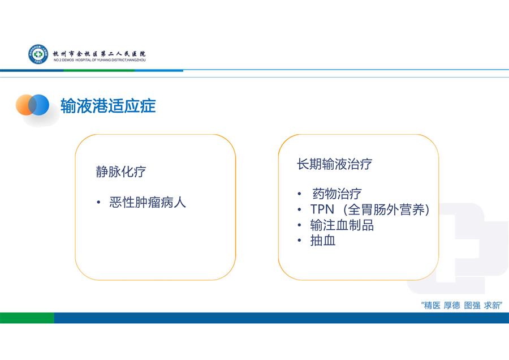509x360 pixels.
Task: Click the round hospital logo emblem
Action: pyautogui.click(x=38, y=54)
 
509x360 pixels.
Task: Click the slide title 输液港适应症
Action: pyautogui.click(x=108, y=106)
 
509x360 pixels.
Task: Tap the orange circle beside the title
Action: pyautogui.click(x=25, y=105)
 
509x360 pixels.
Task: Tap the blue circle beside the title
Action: pyautogui.click(x=39, y=105)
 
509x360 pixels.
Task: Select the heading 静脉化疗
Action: pyautogui.click(x=121, y=172)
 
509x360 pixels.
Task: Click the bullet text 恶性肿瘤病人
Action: pyautogui.click(x=148, y=203)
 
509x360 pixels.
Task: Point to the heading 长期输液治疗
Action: pyautogui.click(x=334, y=164)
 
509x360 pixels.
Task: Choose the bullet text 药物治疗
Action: pyautogui.click(x=337, y=194)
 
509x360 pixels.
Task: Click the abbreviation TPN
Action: pyautogui.click(x=322, y=209)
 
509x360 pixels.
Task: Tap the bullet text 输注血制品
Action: pyautogui.click(x=342, y=225)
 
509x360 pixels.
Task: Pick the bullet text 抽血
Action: pyautogui.click(x=323, y=241)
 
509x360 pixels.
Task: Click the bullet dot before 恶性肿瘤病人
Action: pyautogui.click(x=98, y=203)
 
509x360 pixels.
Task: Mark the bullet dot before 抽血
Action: pyautogui.click(x=299, y=241)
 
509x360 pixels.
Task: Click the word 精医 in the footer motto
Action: pyautogui.click(x=433, y=306)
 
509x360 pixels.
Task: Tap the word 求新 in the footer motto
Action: pyautogui.click(x=492, y=306)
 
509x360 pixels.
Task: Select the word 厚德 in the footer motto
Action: pyautogui.click(x=452, y=306)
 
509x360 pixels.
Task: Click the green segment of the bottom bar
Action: pyautogui.click(x=27, y=318)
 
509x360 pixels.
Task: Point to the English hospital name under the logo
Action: pyautogui.click(x=100, y=60)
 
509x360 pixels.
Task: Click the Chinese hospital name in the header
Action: pyautogui.click(x=100, y=54)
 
